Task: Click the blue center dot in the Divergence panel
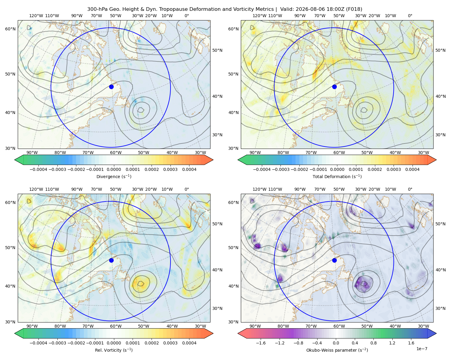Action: pyautogui.click(x=111, y=87)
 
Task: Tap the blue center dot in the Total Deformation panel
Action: pyautogui.click(x=334, y=87)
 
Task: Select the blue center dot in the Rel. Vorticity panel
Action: pyautogui.click(x=111, y=260)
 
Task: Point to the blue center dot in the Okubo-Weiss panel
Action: pyautogui.click(x=334, y=260)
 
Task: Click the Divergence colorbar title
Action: pyautogui.click(x=114, y=177)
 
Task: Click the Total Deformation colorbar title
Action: pyautogui.click(x=337, y=177)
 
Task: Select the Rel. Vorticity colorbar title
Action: pyautogui.click(x=114, y=350)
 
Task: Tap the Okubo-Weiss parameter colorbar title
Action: pyautogui.click(x=337, y=350)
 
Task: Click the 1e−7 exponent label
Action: pyautogui.click(x=422, y=349)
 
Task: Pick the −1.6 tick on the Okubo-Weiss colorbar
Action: pyautogui.click(x=261, y=343)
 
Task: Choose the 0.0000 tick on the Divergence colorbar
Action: pyautogui.click(x=114, y=169)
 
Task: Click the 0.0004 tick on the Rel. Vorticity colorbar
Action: pyautogui.click(x=189, y=343)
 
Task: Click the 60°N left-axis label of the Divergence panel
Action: pyautogui.click(x=10, y=29)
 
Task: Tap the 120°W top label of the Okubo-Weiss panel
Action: pyautogui.click(x=259, y=189)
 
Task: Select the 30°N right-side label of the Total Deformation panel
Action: pyautogui.click(x=440, y=135)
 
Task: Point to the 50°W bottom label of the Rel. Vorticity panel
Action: pyautogui.click(x=143, y=326)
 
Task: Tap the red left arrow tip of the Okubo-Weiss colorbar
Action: pyautogui.click(x=238, y=334)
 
